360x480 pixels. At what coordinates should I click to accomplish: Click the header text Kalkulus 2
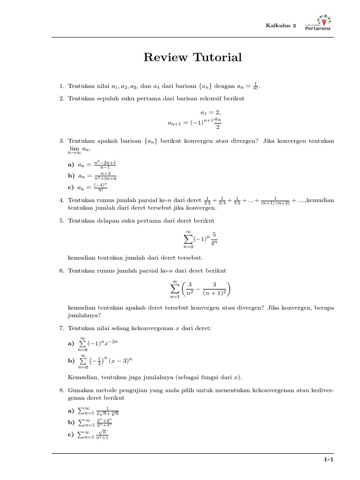point(281,26)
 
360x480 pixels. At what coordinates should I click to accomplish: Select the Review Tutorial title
point(193,58)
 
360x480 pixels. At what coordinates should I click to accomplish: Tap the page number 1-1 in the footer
point(328,461)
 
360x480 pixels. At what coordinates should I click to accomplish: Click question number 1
point(61,86)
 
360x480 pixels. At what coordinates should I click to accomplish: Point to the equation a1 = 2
point(210,112)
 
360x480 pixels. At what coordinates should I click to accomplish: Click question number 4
point(61,201)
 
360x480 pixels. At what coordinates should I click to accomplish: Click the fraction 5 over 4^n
point(214,238)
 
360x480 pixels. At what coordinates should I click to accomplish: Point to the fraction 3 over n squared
point(190,288)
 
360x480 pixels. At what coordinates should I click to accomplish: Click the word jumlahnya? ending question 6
point(82,315)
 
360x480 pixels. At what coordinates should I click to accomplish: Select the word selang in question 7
point(116,329)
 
